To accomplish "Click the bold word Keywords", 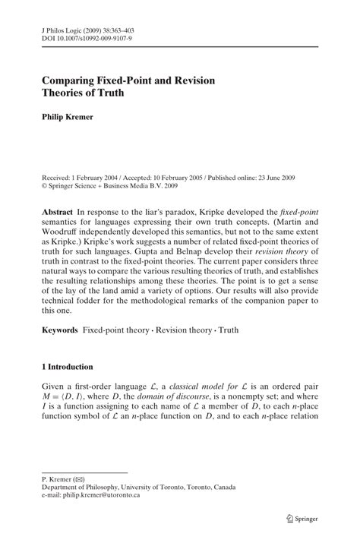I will click(65, 330).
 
